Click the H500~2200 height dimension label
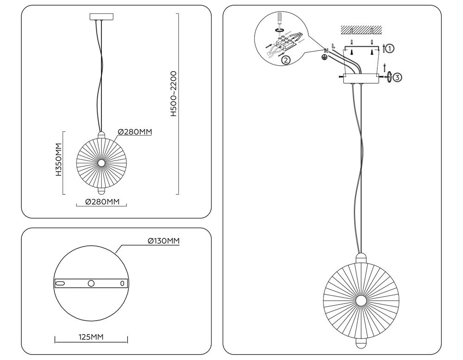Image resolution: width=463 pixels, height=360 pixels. pyautogui.click(x=174, y=93)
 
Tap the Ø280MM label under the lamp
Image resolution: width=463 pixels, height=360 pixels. pyautogui.click(x=103, y=202)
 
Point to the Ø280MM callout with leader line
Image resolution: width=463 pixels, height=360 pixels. pyautogui.click(x=135, y=132)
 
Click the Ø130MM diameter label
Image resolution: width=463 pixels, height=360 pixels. pyautogui.click(x=163, y=241)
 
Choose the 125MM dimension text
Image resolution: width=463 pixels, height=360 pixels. pyautogui.click(x=90, y=336)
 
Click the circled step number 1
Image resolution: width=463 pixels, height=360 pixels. pyautogui.click(x=390, y=48)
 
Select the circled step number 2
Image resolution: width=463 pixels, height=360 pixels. pyautogui.click(x=286, y=60)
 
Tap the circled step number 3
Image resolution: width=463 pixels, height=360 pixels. pyautogui.click(x=397, y=77)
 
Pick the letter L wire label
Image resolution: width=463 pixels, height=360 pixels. pyautogui.click(x=333, y=45)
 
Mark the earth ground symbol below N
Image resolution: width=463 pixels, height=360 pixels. pyautogui.click(x=325, y=57)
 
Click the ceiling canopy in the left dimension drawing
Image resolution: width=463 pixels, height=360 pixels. pyautogui.click(x=100, y=17)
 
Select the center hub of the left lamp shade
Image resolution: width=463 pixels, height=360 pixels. pyautogui.click(x=101, y=163)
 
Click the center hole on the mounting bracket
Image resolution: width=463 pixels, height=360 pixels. pyautogui.click(x=91, y=283)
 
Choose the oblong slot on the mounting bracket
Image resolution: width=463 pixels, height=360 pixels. pyautogui.click(x=60, y=283)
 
